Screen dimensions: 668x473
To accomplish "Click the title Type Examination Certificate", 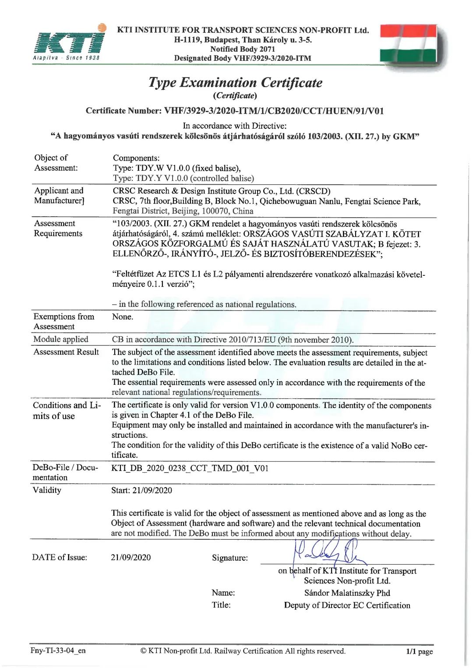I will pyautogui.click(x=235, y=82).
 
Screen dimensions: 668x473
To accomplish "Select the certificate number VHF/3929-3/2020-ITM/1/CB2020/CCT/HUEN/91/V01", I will pyautogui.click(x=274, y=111).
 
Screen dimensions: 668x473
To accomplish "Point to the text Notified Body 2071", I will pyautogui.click(x=243, y=49).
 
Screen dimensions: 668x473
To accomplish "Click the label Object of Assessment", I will pyautogui.click(x=56, y=163).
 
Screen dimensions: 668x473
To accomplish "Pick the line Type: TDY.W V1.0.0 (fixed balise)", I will pyautogui.click(x=176, y=168).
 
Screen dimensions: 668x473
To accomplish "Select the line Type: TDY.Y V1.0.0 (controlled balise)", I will pyautogui.click(x=183, y=178).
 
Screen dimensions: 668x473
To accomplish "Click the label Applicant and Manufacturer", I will pyautogui.click(x=59, y=196).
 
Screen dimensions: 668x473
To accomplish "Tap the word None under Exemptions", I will pyautogui.click(x=122, y=316).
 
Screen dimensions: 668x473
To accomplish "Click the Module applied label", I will pyautogui.click(x=60, y=339).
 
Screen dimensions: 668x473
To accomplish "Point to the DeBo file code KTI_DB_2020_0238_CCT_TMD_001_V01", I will pyautogui.click(x=190, y=468).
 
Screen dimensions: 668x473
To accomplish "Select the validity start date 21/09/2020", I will pyautogui.click(x=152, y=490).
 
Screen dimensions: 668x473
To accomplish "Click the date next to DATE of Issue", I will pyautogui.click(x=131, y=557).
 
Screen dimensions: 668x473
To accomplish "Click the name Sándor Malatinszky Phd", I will pyautogui.click(x=347, y=593).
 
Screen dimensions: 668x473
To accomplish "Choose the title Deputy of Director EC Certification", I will pyautogui.click(x=347, y=605).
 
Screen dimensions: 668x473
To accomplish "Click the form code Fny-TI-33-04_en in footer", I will pyautogui.click(x=58, y=650).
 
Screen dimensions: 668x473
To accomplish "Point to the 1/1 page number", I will pyautogui.click(x=419, y=651).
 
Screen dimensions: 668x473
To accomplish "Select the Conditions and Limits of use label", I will pyautogui.click(x=67, y=411).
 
